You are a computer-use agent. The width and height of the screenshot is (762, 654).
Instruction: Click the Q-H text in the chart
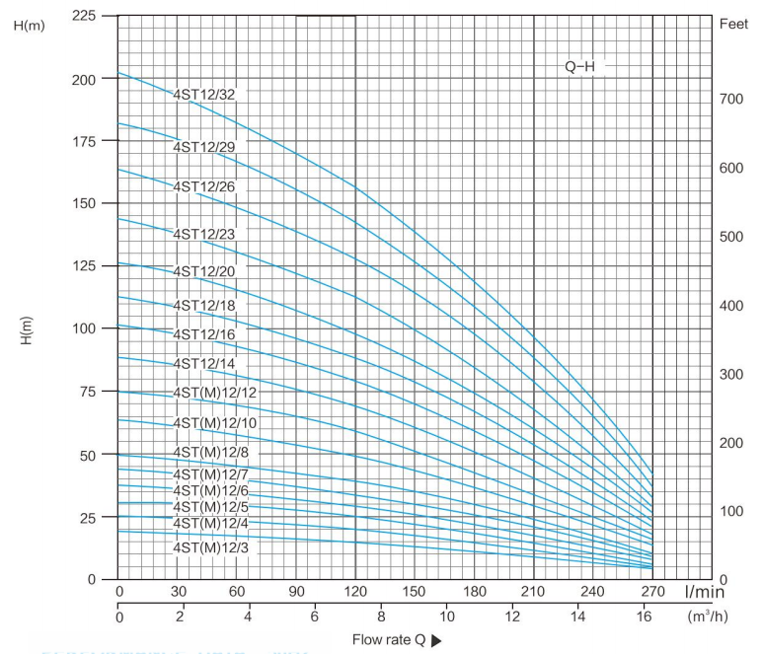pyautogui.click(x=579, y=67)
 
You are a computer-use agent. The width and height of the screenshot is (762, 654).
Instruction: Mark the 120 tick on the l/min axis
pyautogui.click(x=355, y=592)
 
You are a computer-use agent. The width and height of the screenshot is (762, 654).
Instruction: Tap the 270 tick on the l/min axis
pyautogui.click(x=651, y=592)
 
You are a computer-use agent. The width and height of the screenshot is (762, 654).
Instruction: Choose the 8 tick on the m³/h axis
pyautogui.click(x=381, y=617)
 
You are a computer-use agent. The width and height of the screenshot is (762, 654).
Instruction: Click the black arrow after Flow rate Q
pyautogui.click(x=436, y=640)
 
